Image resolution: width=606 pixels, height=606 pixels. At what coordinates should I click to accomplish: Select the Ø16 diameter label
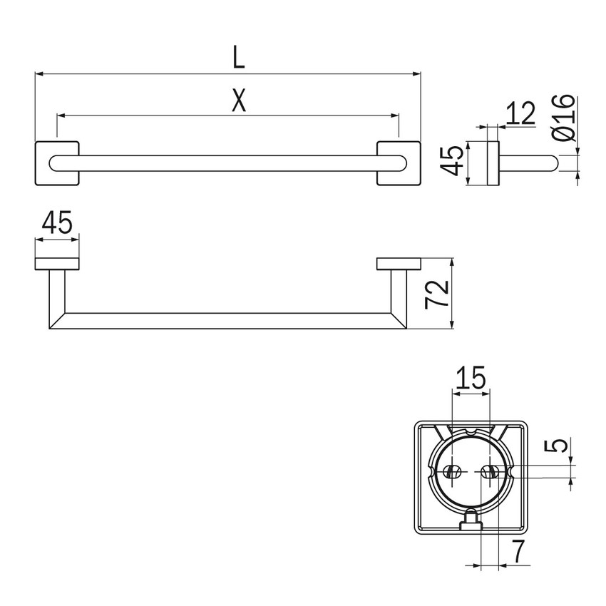point(563,118)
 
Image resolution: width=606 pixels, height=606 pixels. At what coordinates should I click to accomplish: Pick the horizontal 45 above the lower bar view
point(57,224)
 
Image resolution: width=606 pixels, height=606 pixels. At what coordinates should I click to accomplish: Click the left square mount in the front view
point(56,164)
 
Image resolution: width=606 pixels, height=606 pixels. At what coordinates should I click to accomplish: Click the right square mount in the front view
point(399,164)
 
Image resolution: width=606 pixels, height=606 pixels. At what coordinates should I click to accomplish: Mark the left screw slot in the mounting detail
point(451,472)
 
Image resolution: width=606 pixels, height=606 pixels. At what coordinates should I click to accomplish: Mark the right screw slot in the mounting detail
point(488,472)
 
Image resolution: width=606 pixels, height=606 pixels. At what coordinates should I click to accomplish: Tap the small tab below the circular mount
point(471,523)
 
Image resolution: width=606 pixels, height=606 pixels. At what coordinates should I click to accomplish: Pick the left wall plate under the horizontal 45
point(57,263)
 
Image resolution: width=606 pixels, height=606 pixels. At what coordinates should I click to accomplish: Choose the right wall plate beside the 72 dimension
point(399,263)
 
